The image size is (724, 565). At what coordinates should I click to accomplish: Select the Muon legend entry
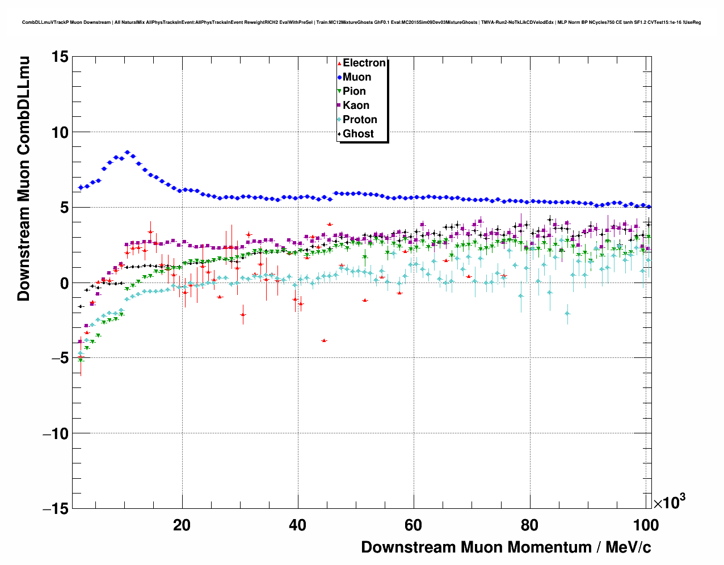point(356,77)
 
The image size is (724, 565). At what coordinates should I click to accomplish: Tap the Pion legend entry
point(354,91)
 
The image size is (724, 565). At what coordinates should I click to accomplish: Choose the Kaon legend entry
point(356,106)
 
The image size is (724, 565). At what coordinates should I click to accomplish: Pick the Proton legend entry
point(360,120)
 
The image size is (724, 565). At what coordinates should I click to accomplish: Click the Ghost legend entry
point(358,134)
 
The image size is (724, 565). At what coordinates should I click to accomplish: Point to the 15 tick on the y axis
point(60,57)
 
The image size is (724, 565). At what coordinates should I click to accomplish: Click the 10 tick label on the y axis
point(60,132)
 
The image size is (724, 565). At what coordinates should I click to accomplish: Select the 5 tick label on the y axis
point(63,208)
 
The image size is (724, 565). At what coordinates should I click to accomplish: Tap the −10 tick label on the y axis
point(56,434)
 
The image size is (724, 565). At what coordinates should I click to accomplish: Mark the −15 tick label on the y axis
point(56,509)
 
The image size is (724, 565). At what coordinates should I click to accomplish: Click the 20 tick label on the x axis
point(182,525)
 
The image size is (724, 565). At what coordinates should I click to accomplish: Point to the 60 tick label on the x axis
point(414,525)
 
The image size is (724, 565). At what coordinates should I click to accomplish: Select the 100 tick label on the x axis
point(645,525)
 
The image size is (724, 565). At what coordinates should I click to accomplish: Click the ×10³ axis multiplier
point(670,503)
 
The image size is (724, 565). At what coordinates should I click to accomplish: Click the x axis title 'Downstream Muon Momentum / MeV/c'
point(506,547)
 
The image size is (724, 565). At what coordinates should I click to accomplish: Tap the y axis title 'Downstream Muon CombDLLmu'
point(24,178)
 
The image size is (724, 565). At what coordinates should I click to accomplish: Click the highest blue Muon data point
point(127,152)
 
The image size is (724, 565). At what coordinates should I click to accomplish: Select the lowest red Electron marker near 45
point(324,340)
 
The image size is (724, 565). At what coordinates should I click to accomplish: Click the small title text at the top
point(361,23)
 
